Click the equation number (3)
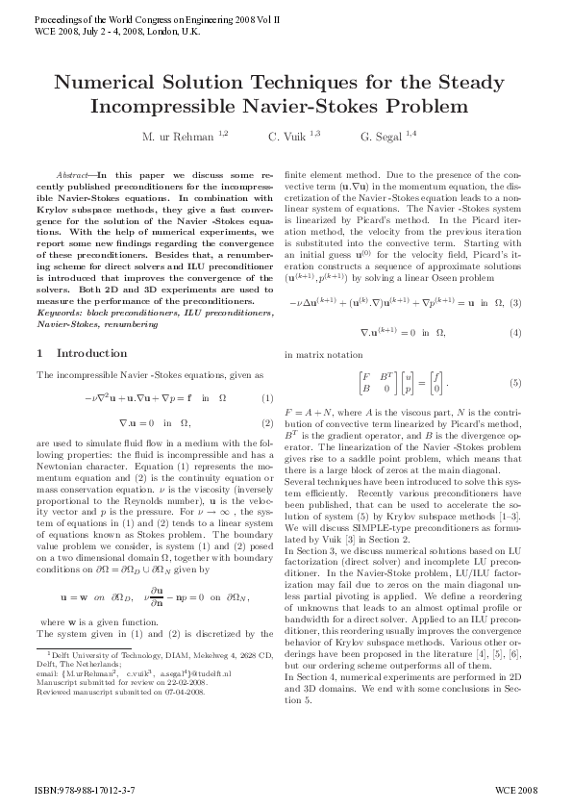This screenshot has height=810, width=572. (x=515, y=304)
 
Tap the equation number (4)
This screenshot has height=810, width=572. (x=515, y=333)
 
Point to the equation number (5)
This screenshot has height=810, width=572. (x=515, y=383)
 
